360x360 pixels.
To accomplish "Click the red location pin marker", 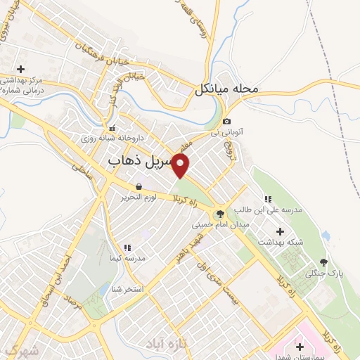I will pos(181,167).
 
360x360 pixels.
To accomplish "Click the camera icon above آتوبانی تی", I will pos(226,122).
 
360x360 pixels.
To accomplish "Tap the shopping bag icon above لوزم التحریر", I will pos(139,186).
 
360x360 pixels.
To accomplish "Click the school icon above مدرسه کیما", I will pos(127,247).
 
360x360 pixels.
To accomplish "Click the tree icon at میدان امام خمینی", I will pos(220,214).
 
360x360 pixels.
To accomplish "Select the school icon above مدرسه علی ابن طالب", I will pos(267,199).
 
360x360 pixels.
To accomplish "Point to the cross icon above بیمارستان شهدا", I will pos(300,347).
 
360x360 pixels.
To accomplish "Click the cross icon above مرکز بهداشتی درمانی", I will pos(20,69).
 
